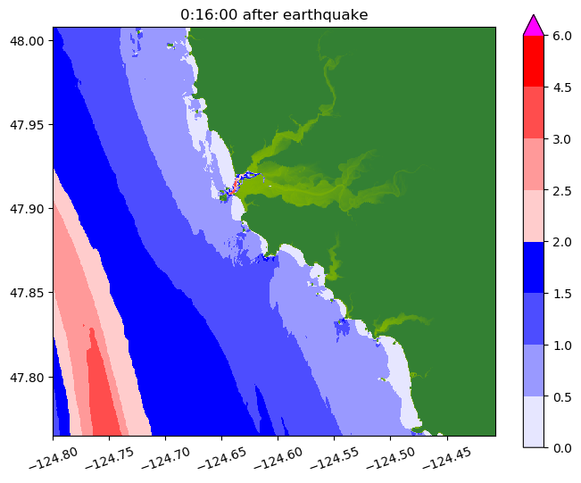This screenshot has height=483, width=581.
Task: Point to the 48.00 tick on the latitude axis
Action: (x=28, y=40)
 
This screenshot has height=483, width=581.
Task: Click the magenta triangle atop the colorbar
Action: (x=533, y=25)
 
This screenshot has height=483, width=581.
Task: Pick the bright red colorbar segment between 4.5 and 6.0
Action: (x=533, y=61)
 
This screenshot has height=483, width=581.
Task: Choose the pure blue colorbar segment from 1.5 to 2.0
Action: (x=533, y=267)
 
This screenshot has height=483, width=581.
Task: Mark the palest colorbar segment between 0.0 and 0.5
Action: (x=533, y=421)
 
